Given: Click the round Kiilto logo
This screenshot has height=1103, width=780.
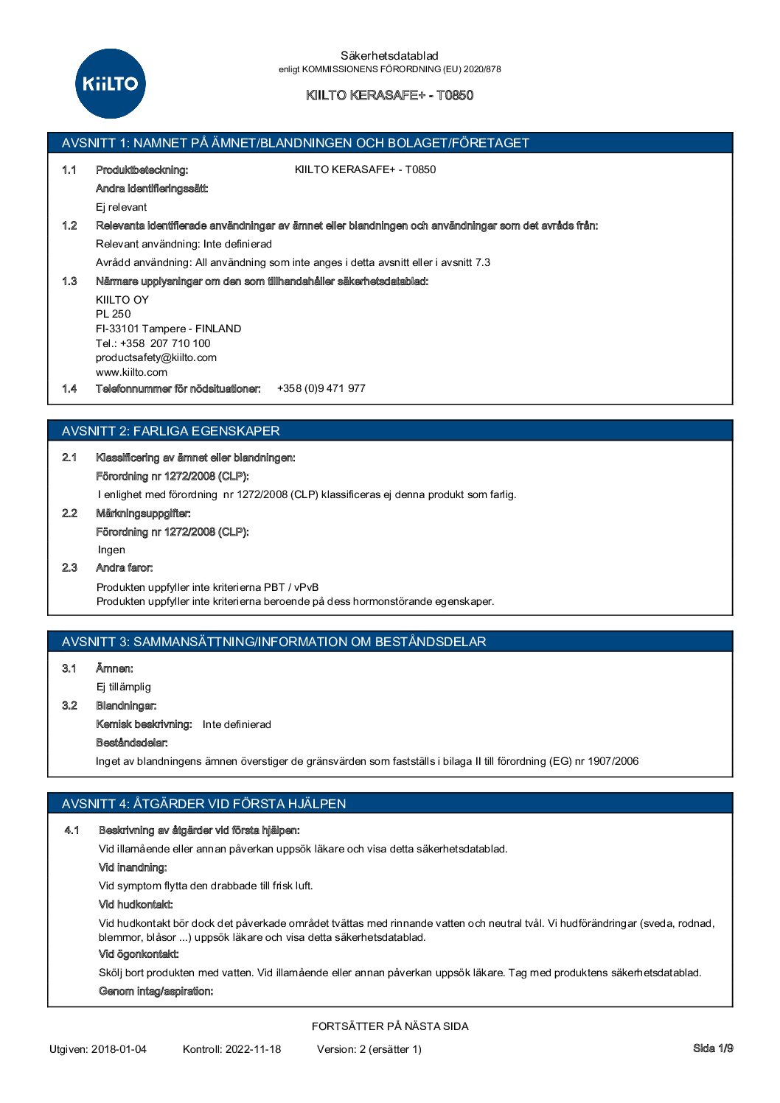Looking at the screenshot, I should click(x=111, y=84).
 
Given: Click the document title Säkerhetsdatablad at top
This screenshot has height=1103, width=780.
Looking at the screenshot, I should click(x=389, y=55).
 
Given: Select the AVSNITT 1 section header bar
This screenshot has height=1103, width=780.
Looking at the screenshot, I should click(x=390, y=143).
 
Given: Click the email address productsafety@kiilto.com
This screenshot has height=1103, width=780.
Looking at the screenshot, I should click(x=156, y=357).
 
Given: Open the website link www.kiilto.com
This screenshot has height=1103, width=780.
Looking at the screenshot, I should click(x=131, y=372).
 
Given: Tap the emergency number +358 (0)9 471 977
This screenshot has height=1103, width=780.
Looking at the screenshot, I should click(x=321, y=388).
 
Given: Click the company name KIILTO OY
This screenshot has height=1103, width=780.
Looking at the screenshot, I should click(x=122, y=300).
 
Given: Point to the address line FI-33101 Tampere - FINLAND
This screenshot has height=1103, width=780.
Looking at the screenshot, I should click(x=168, y=329).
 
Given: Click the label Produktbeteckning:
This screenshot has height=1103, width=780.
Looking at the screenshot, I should click(x=142, y=170).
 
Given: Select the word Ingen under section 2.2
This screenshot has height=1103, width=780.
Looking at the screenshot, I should click(x=111, y=550).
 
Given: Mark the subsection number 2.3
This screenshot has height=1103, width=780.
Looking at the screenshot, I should click(x=69, y=567).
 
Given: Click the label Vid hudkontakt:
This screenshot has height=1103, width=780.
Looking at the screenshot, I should click(x=136, y=905).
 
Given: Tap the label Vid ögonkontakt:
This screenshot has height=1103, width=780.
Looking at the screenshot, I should click(x=139, y=954).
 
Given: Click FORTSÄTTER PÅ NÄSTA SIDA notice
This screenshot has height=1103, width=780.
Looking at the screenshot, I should click(x=390, y=1026).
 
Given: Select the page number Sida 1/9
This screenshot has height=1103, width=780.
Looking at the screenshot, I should click(x=713, y=1048).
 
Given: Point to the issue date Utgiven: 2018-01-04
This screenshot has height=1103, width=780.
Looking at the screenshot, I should click(x=98, y=1049).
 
